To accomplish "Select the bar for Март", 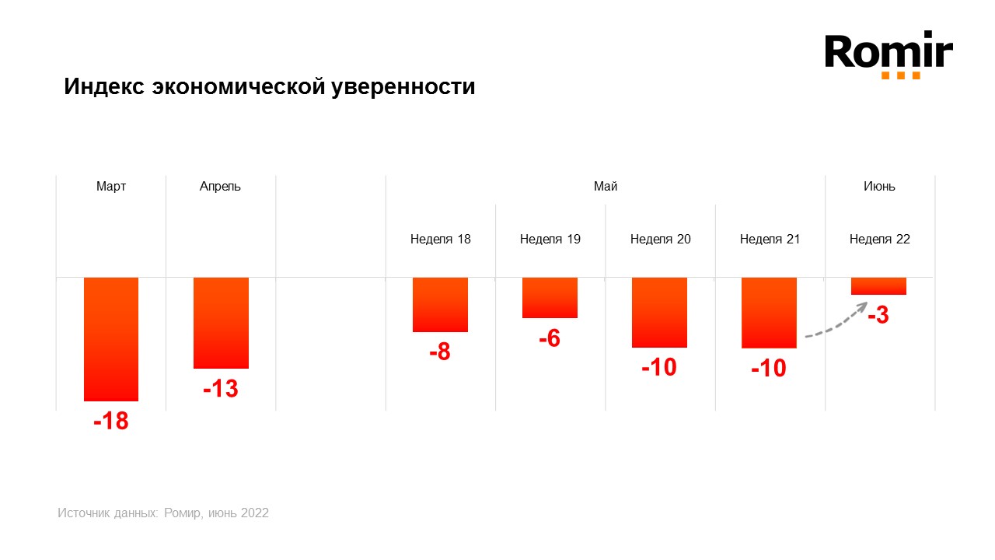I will (x=111, y=338).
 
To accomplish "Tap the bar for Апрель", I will (x=221, y=322).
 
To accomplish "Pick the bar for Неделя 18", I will (x=440, y=304).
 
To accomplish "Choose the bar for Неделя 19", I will (x=550, y=297).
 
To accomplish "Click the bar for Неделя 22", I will (x=878, y=285).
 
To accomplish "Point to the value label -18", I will (x=110, y=422).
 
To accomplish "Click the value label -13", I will (x=220, y=388).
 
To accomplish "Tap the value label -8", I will (x=439, y=352).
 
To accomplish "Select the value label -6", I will (x=549, y=338).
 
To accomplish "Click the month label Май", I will (x=606, y=187).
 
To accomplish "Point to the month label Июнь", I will (x=879, y=187).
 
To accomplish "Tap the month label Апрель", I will (x=220, y=187).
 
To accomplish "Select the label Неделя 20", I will (x=660, y=240).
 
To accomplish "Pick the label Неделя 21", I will (x=770, y=240).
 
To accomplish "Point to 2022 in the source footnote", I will (x=254, y=513).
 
